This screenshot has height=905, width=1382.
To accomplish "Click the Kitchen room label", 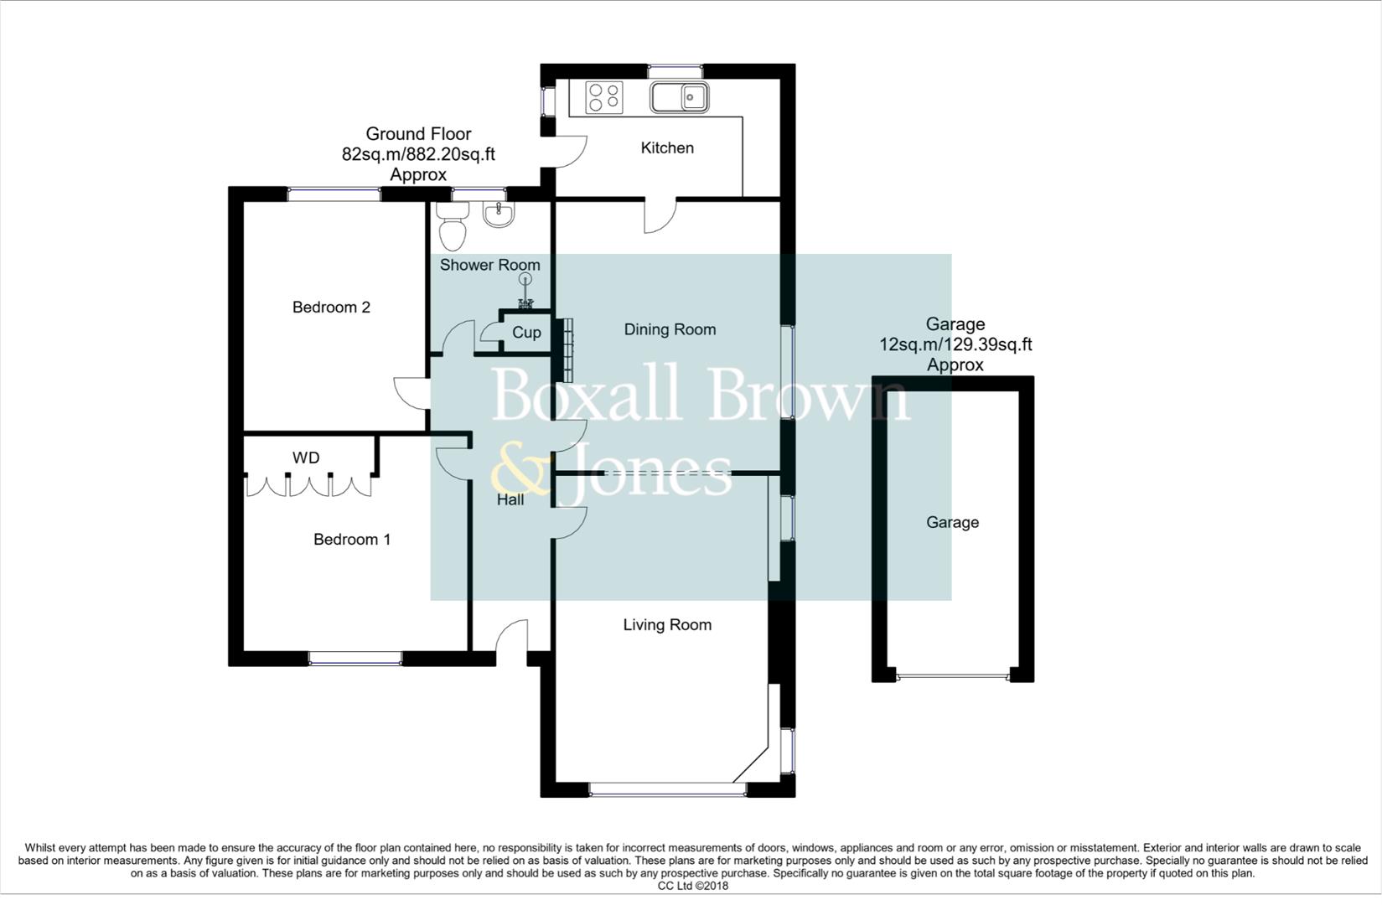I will coord(667,148).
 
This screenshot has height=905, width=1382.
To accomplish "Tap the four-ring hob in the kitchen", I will coord(604,96).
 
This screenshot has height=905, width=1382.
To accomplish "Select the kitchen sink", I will coord(679,97).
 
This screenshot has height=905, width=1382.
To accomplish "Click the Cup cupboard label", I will coord(526,333).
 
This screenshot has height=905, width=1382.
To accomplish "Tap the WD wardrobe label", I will coord(306,458).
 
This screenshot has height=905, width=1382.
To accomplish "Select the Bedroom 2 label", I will coord(331,308).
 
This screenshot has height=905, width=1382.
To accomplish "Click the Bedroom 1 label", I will coord(352,540).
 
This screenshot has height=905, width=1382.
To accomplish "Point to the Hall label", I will coord(510,500).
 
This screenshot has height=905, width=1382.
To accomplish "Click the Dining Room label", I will coord(670,330).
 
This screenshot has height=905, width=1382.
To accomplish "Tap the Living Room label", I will coord(667,625).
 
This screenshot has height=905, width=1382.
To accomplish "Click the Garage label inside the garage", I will coord(952,523).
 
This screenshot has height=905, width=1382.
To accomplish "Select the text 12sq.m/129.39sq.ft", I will coord(955,344).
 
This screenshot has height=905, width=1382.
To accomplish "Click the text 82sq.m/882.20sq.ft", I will coord(418,154).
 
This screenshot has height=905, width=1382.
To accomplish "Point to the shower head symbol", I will coord(525,279).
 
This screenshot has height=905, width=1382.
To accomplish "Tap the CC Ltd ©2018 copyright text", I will coord(692,886).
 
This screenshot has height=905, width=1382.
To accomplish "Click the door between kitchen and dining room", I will coord(660,216).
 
